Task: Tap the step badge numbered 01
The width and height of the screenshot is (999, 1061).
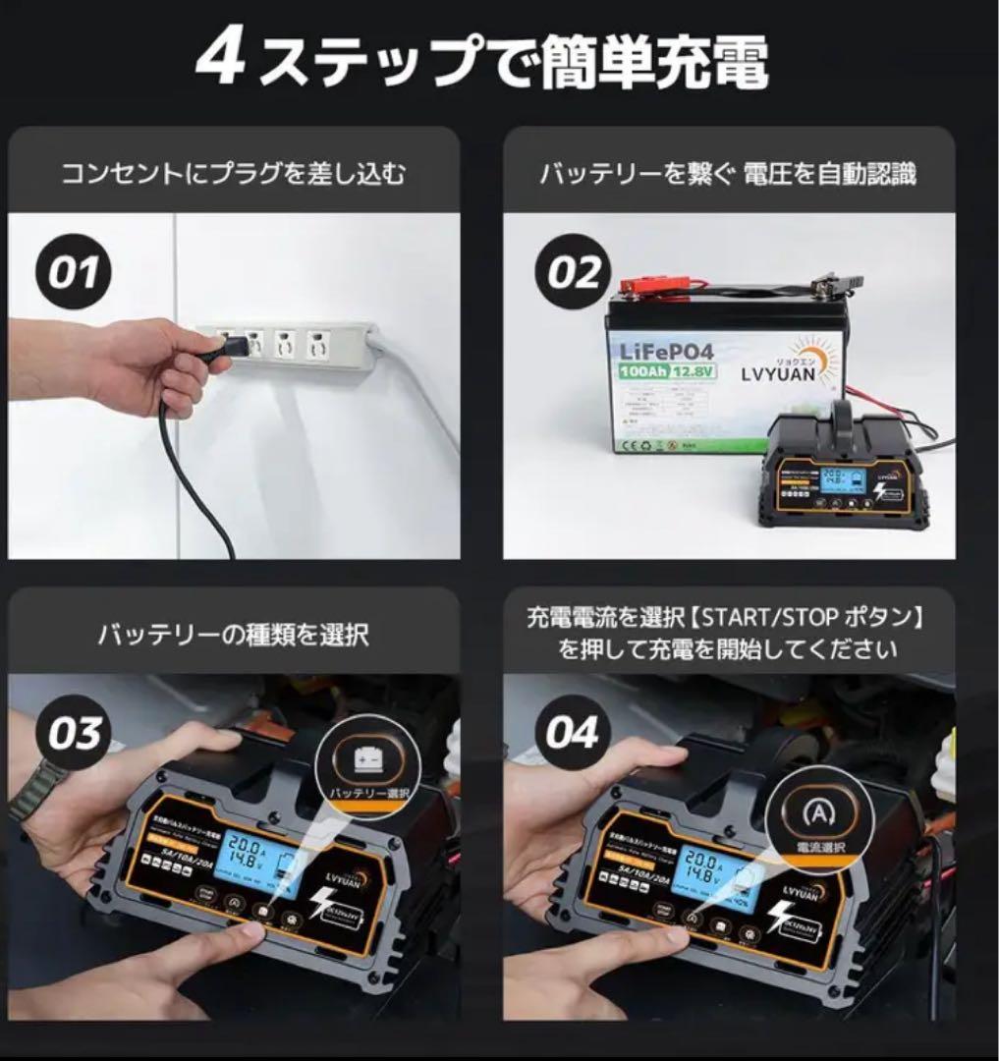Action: (x=75, y=272)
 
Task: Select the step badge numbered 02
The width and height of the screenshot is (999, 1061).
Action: (x=573, y=272)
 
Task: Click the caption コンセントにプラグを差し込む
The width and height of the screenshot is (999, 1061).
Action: (x=233, y=174)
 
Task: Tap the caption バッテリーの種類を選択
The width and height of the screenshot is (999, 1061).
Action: (x=233, y=635)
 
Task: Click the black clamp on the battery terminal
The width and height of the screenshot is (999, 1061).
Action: (x=830, y=288)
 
